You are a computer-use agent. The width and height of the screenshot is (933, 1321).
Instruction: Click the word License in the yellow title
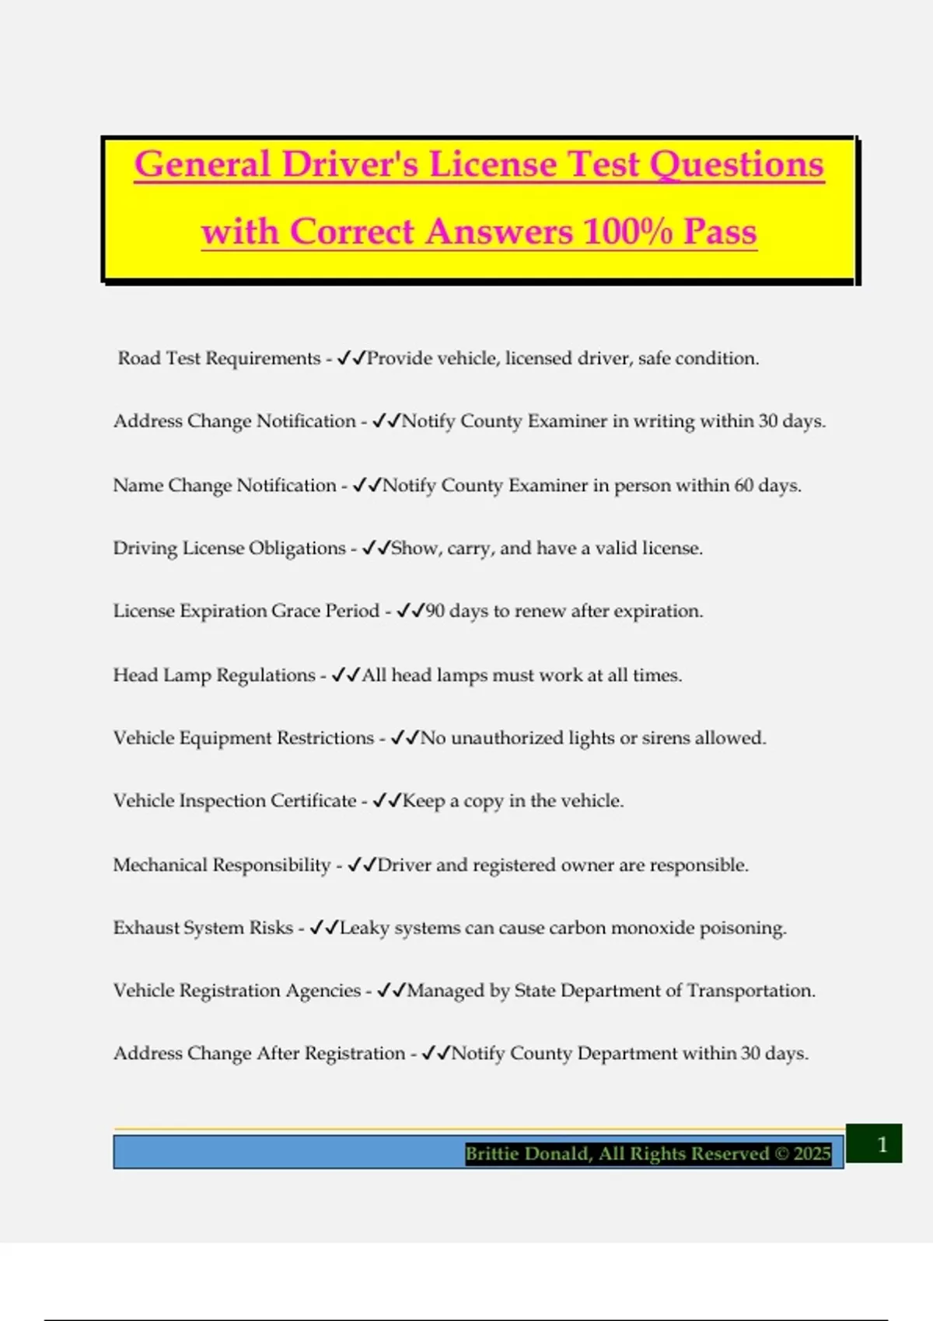[x=493, y=165]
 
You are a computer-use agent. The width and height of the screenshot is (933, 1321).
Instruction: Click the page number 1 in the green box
[x=882, y=1144]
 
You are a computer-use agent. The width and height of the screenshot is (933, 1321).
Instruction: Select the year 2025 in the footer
[x=812, y=1153]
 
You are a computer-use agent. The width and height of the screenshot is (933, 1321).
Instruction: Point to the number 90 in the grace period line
[x=435, y=611]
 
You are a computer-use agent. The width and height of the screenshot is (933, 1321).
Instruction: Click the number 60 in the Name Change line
[x=743, y=485]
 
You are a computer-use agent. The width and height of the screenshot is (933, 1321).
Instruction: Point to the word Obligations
[x=297, y=548]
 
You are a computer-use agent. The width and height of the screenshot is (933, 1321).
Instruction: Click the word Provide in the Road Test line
[x=400, y=358]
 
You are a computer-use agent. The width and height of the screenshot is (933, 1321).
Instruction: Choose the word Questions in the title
[x=736, y=165]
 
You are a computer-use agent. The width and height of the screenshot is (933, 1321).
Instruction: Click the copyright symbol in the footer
[x=781, y=1153]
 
